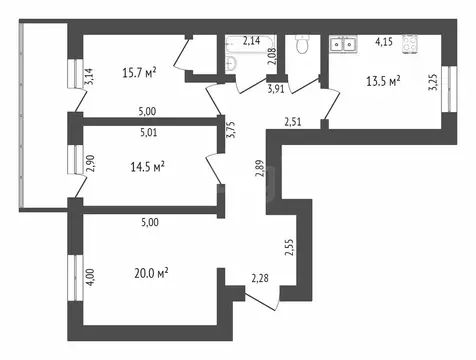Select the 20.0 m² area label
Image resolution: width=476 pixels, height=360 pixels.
[x=147, y=271]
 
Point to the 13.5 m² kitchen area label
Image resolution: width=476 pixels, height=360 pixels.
[x=381, y=80]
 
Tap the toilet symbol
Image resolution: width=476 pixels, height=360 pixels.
[x=301, y=47]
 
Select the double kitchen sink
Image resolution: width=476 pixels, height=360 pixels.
[x=346, y=44]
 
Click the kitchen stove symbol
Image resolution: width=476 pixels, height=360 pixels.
[x=409, y=43]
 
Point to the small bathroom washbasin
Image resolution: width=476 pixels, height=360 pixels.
[x=232, y=63]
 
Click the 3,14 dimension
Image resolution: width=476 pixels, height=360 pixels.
[x=90, y=76]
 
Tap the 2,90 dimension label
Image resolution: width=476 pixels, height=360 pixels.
[x=90, y=162]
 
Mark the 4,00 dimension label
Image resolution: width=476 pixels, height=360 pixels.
[x=90, y=274]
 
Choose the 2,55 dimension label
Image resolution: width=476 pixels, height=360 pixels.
[x=290, y=247]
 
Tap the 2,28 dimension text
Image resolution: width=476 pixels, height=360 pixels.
[x=259, y=278]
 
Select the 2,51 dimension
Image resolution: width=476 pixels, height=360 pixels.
[x=293, y=122]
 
